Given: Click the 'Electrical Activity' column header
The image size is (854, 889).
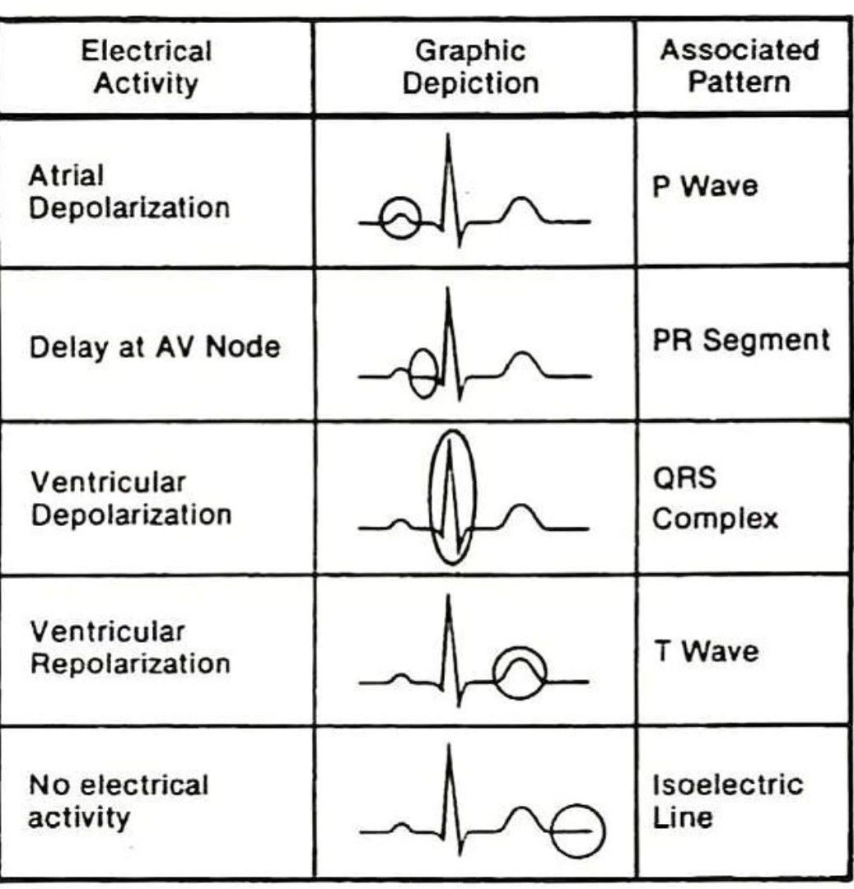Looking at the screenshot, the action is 147,67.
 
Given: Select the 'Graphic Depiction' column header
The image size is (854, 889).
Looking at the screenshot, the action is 471,67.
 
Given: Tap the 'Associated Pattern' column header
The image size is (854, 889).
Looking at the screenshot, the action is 740,66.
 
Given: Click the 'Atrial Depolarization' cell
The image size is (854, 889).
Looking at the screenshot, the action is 129,192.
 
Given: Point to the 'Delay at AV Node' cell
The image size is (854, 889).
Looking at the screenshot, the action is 155,347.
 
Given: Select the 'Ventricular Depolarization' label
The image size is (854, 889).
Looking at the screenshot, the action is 131,499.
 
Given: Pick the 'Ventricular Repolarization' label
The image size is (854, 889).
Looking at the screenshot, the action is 130,648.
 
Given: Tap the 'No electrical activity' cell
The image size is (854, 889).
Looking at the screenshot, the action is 119,801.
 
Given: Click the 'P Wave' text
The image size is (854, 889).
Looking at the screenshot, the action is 705,185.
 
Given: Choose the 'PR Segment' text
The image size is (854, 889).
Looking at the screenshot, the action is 741,340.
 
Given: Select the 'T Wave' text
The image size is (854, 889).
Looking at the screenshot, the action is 707,651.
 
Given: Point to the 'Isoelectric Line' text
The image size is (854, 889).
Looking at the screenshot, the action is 727,801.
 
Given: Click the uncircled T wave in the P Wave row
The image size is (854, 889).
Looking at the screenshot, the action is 521,198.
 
